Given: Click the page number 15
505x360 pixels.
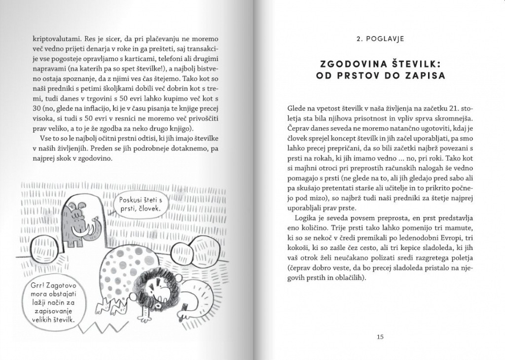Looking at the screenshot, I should tap(380, 337).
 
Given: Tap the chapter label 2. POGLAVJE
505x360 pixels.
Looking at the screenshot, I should tap(380, 37).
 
